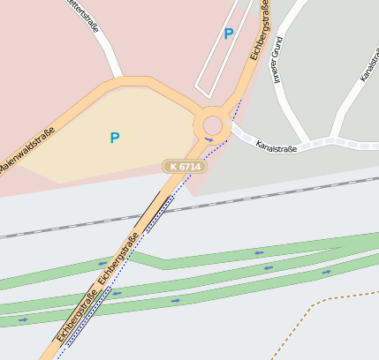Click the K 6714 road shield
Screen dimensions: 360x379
(x=185, y=166)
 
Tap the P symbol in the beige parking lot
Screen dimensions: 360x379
(x=114, y=138)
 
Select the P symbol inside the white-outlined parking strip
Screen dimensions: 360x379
(x=229, y=34)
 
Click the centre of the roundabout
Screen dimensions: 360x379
(x=213, y=123)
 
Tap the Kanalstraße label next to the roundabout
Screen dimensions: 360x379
(x=277, y=146)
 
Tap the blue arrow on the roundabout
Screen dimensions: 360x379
(x=209, y=139)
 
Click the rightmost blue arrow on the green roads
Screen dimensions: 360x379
(x=327, y=272)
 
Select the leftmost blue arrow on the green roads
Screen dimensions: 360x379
(x=23, y=319)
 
